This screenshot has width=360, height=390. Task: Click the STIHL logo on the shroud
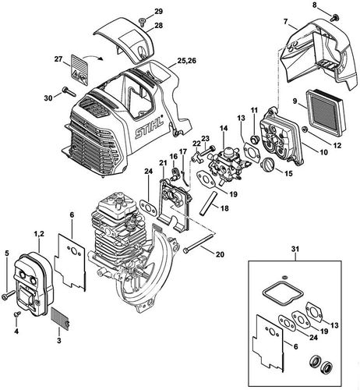149,127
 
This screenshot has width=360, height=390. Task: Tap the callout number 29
158,12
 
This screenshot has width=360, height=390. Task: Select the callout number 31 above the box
295,250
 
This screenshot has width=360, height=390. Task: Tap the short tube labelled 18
207,203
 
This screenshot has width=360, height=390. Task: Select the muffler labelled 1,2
34,283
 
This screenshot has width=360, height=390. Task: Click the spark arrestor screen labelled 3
62,318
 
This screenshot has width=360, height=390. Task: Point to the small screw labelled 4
17,314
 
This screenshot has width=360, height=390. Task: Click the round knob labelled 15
266,165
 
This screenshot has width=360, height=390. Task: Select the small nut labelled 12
305,129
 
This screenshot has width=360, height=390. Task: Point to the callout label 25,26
186,61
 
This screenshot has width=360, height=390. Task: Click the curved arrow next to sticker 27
92,56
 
